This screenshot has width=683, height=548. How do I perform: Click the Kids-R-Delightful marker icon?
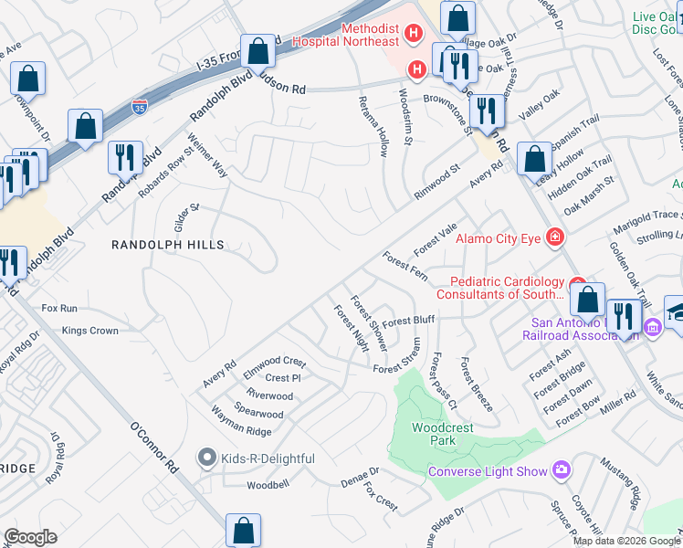(207, 458)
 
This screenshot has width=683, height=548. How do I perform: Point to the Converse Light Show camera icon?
(561, 471)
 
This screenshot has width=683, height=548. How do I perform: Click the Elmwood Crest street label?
(274, 362)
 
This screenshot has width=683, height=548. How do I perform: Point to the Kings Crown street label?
(89, 331)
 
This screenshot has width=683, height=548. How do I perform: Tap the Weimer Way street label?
(208, 155)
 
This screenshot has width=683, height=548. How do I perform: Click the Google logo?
(31, 536)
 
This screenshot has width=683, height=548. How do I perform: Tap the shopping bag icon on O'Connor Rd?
(244, 529)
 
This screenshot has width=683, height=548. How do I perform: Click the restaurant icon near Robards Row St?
(124, 157)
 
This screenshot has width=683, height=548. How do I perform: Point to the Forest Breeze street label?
(477, 384)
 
